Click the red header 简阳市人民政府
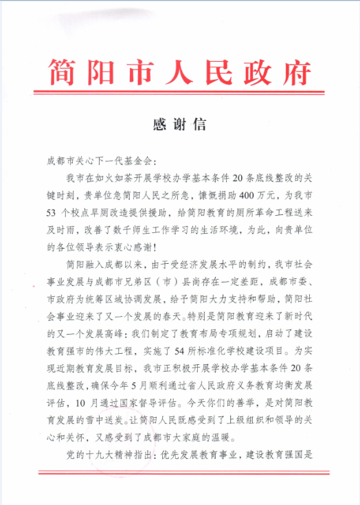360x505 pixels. tap(180, 71)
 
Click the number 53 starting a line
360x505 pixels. tap(50, 212)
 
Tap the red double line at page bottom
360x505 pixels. tap(180, 472)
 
